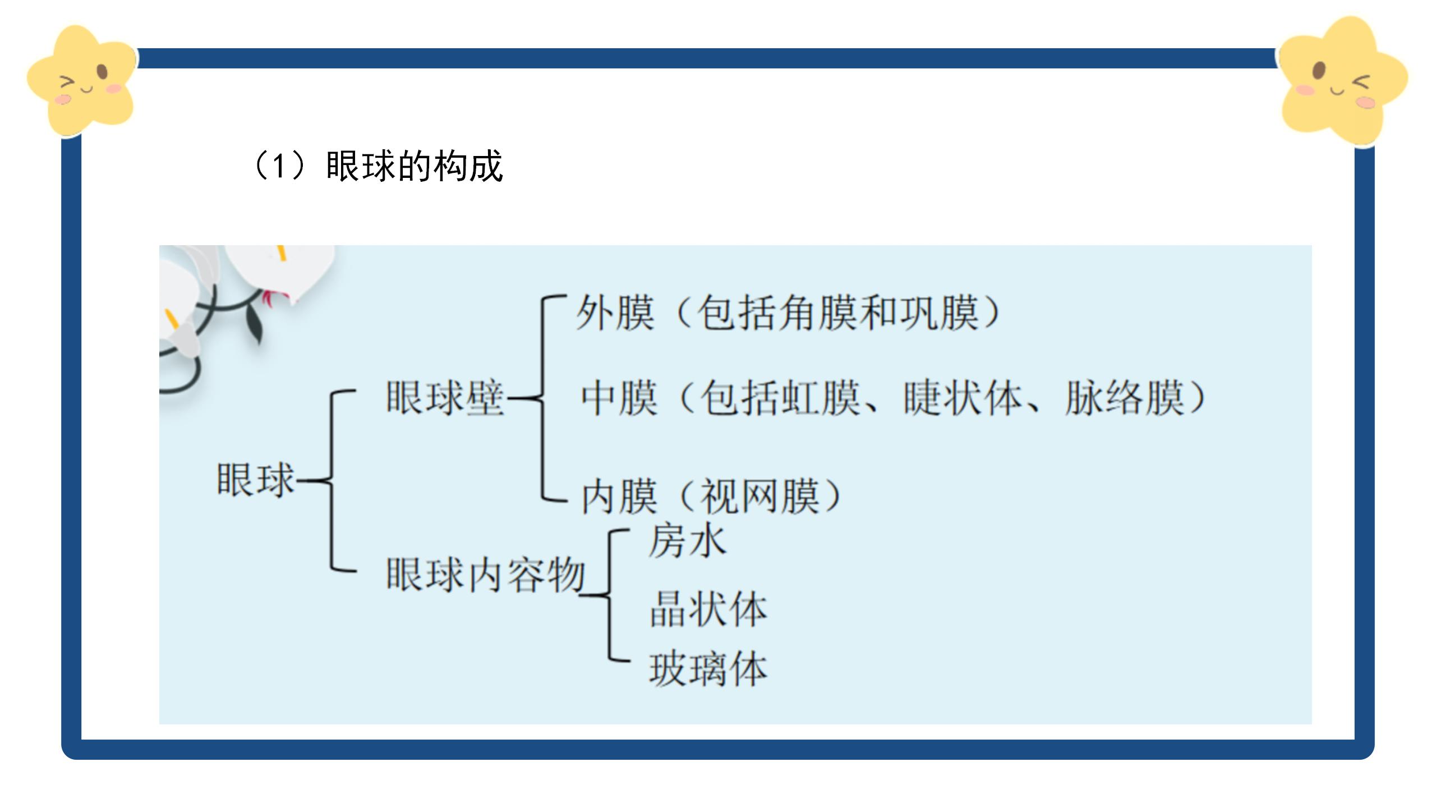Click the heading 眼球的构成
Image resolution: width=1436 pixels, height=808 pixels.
click(x=414, y=166)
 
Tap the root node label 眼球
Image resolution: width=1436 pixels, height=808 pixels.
click(x=256, y=480)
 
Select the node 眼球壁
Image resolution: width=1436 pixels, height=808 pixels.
click(x=445, y=398)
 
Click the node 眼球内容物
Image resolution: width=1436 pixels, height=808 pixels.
click(x=486, y=575)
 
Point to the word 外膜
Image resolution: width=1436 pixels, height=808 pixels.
click(x=615, y=313)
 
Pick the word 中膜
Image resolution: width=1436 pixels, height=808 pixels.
click(x=619, y=398)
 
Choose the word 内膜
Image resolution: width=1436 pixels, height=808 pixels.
click(x=619, y=497)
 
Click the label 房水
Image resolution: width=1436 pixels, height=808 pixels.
click(x=687, y=541)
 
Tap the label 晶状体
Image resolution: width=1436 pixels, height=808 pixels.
click(x=708, y=609)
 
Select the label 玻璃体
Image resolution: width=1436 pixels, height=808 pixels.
click(x=708, y=669)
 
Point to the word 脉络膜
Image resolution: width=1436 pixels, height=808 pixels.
click(x=1125, y=398)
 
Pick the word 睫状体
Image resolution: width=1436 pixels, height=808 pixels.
click(x=963, y=398)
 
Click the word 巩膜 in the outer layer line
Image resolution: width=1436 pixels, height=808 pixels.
click(x=940, y=313)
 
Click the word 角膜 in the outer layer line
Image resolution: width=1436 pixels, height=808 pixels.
click(x=819, y=313)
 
